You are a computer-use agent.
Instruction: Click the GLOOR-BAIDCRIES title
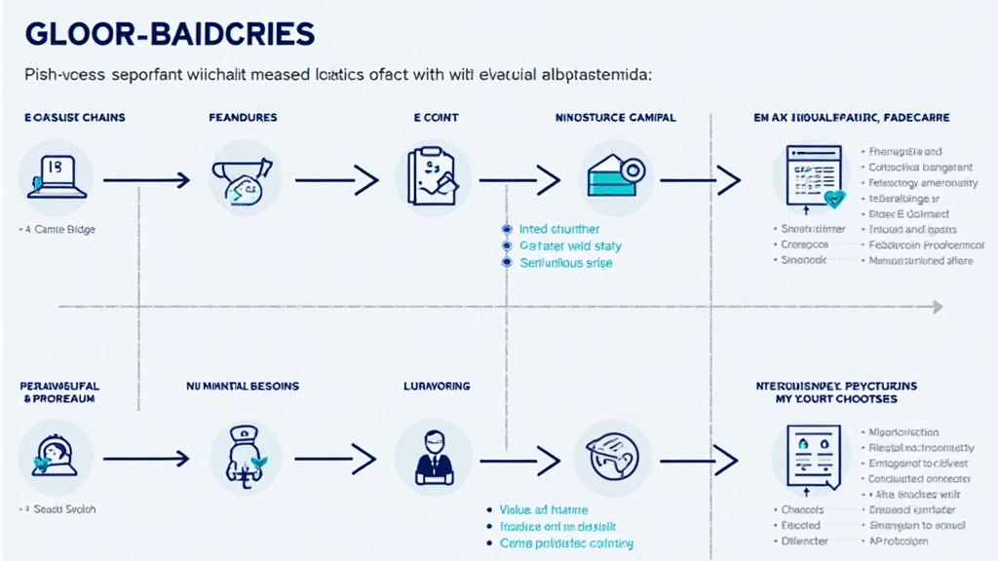170,35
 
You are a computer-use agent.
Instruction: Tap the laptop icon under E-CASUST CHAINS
56,176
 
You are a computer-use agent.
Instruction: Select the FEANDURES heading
243,118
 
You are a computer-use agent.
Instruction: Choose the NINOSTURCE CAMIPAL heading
615,118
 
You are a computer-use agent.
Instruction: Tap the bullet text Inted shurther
559,230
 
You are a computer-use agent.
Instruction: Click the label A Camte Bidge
63,230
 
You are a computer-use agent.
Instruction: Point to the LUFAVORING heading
437,387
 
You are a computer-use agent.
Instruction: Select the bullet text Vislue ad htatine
543,509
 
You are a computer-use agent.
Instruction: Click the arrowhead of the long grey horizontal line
938,307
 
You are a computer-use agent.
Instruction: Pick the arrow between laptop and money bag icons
145,179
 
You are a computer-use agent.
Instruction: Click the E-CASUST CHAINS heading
75,118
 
